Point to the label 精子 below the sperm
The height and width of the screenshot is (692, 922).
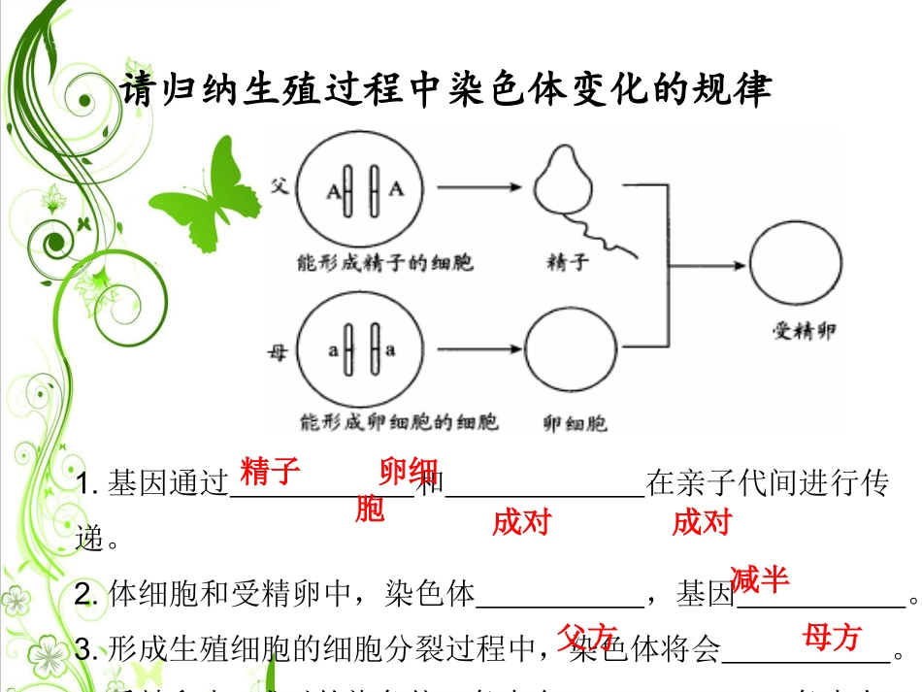pyautogui.click(x=568, y=262)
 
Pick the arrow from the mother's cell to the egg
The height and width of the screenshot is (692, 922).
pyautogui.click(x=472, y=350)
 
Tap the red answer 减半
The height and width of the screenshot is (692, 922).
pyautogui.click(x=760, y=579)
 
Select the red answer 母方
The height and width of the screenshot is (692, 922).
pyautogui.click(x=832, y=637)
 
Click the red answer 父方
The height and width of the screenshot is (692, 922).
pyautogui.click(x=587, y=638)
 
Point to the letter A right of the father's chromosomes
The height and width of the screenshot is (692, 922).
pyautogui.click(x=396, y=189)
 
